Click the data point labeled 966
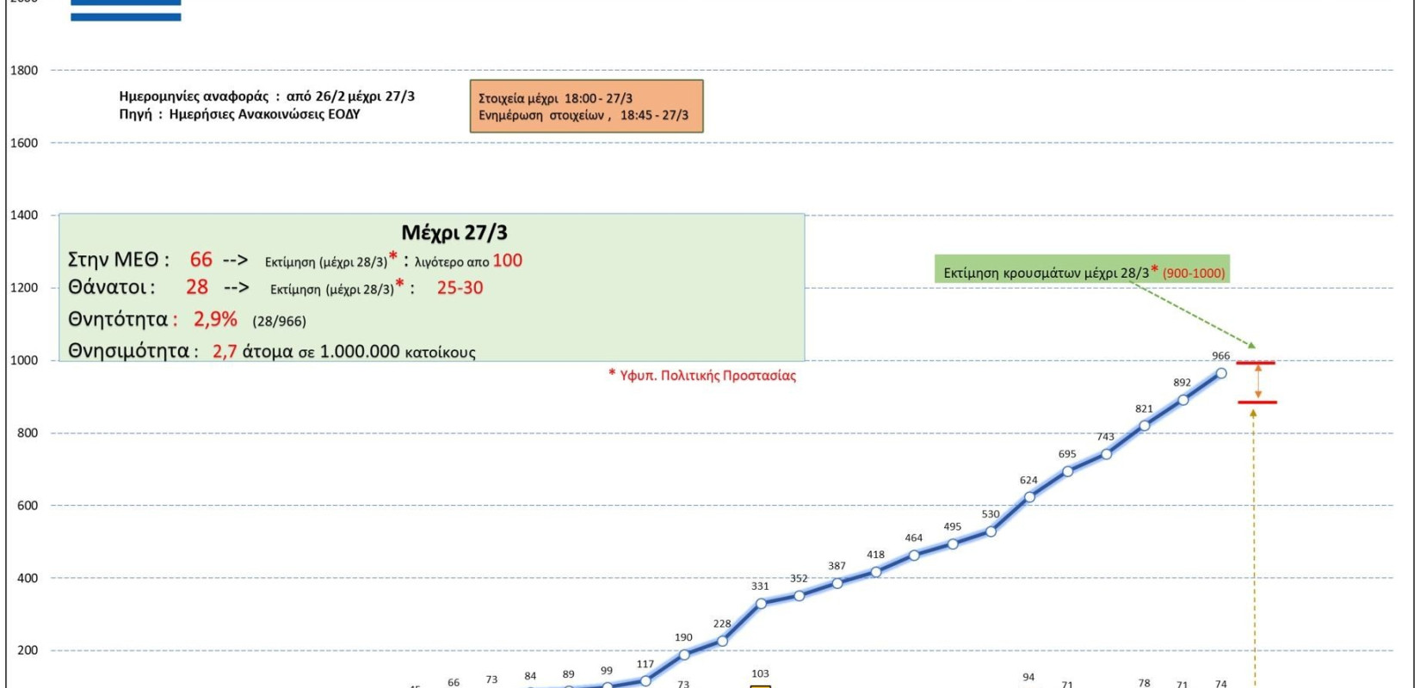tap(1220, 373)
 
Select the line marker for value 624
tap(1029, 497)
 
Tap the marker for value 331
tap(761, 604)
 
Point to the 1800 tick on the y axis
tap(24, 71)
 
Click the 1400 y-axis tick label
tap(24, 215)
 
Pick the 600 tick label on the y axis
tap(28, 506)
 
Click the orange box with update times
tap(586, 107)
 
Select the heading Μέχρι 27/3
tap(454, 232)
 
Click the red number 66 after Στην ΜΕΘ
tap(201, 260)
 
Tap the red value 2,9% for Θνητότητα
tap(215, 319)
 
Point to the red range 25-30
tap(460, 288)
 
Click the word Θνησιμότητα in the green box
tap(128, 351)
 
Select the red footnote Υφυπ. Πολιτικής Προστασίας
tap(702, 376)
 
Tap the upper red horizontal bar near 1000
tap(1256, 363)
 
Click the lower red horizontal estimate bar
tap(1257, 402)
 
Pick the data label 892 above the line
tap(1182, 383)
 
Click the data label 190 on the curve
tap(683, 637)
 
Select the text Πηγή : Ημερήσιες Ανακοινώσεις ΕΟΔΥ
tap(239, 114)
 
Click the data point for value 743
tap(1106, 453)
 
